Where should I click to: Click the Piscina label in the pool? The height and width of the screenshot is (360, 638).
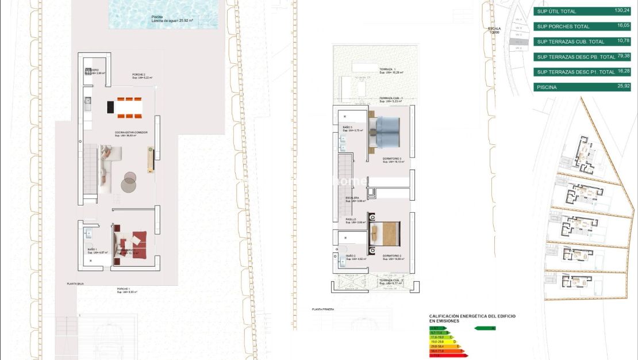click(157, 17)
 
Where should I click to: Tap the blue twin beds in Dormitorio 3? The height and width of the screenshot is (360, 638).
click(387, 132)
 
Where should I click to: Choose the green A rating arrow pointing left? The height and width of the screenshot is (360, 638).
click(486, 328)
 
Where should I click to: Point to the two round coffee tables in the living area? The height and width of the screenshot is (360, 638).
click(128, 182)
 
